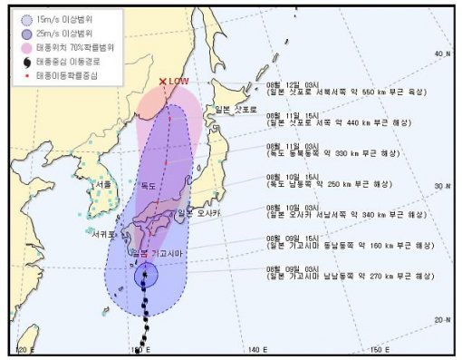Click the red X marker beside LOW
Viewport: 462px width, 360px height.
pyautogui.click(x=163, y=82)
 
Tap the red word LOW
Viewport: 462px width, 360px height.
pyautogui.click(x=178, y=82)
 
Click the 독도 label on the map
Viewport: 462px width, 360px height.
pyautogui.click(x=148, y=186)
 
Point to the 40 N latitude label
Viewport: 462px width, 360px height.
pyautogui.click(x=441, y=54)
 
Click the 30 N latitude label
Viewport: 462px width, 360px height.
pyautogui.click(x=441, y=185)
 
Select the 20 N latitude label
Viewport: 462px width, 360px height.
pyautogui.click(x=441, y=319)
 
